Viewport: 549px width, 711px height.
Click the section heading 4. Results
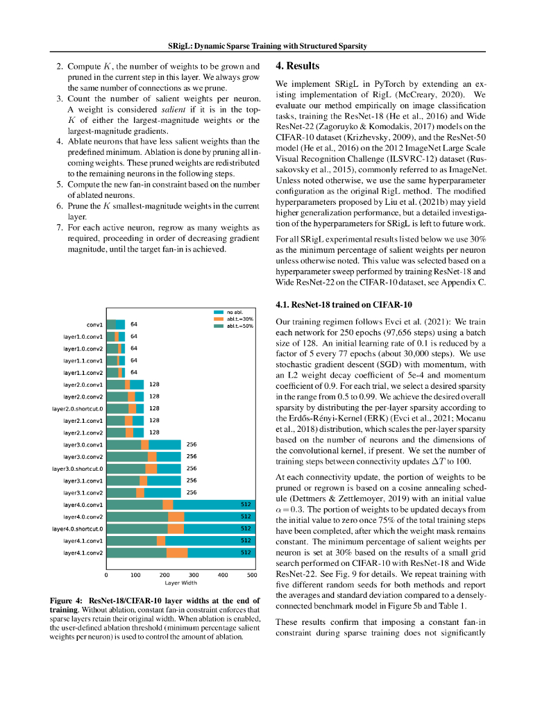[298, 66]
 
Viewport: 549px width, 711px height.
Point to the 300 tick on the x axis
[194, 575]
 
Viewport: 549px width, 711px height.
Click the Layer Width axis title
[180, 583]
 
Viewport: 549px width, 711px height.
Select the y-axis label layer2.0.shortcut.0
[77, 409]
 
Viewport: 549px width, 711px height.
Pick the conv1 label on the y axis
[94, 324]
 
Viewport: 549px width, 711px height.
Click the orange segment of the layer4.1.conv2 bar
[178, 553]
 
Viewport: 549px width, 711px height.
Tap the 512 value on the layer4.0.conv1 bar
[246, 505]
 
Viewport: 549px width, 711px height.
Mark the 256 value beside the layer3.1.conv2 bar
[192, 493]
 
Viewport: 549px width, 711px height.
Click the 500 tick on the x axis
[252, 575]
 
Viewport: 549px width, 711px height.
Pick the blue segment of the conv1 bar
[121, 324]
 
